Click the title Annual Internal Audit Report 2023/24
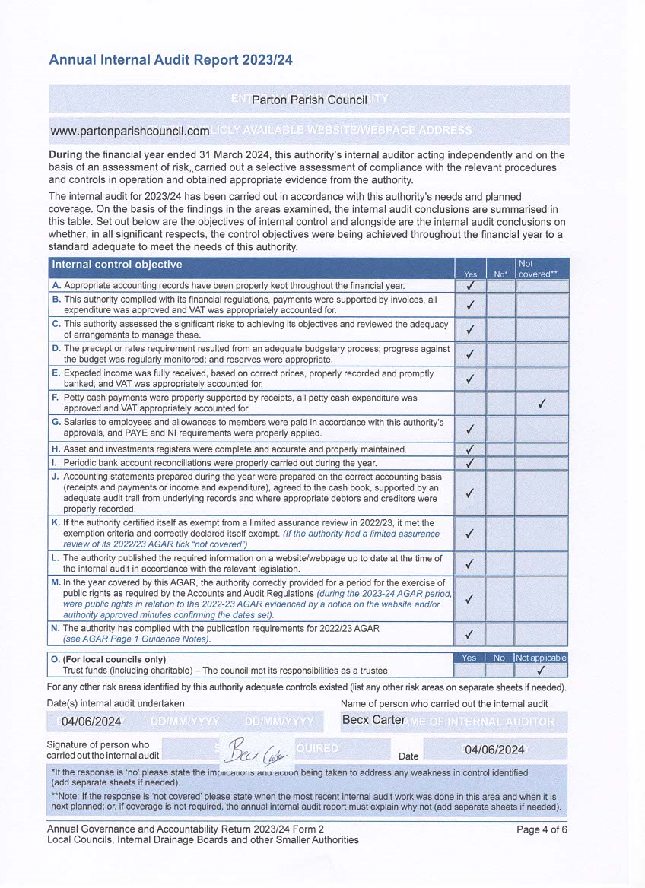coord(170,60)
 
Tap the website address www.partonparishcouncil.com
coord(129,131)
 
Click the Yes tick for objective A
coord(470,286)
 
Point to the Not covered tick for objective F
coord(542,404)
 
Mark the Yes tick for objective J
coord(470,493)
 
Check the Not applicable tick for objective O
coord(541,671)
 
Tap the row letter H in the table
coord(56,449)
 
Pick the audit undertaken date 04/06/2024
coord(91,721)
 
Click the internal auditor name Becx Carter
coord(373,720)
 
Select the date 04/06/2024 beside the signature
coord(494,750)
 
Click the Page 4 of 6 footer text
coord(542,829)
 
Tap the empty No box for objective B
coord(500,305)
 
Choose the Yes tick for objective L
coord(470,563)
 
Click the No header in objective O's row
coord(499,658)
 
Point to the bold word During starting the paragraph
coord(70,155)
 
